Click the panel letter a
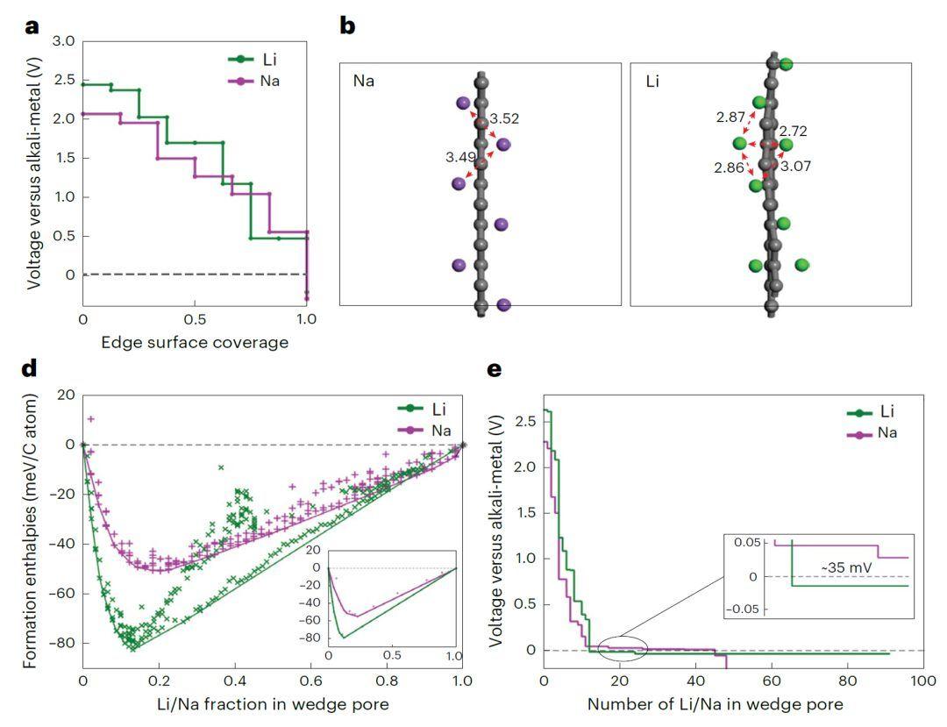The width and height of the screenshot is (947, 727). (x=32, y=25)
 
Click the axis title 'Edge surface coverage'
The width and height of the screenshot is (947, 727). (x=194, y=342)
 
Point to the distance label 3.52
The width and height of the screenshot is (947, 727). (x=504, y=118)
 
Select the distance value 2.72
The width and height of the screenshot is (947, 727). (x=793, y=132)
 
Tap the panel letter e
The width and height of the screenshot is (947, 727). (x=495, y=369)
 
